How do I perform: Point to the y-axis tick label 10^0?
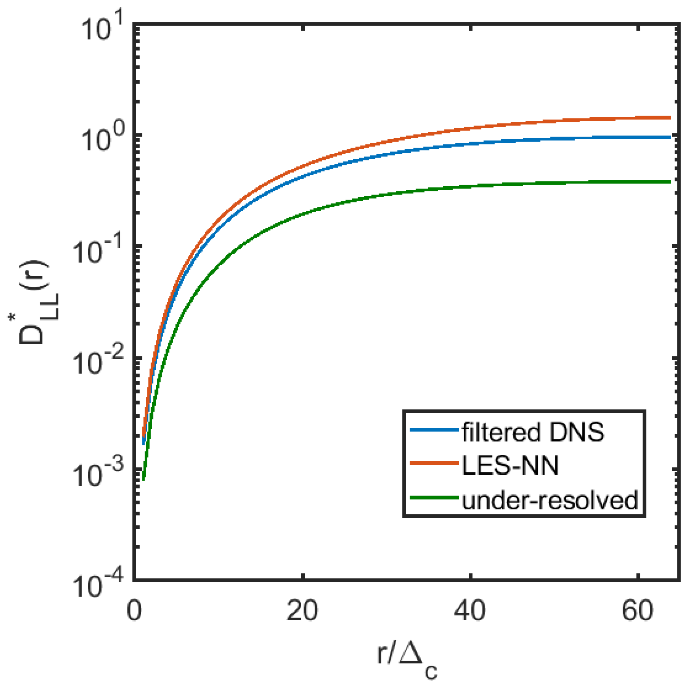click(x=102, y=139)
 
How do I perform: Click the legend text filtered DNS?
click(x=533, y=432)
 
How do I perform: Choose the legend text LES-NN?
click(x=510, y=466)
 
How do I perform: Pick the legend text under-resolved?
click(x=550, y=500)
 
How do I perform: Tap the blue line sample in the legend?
click(x=434, y=429)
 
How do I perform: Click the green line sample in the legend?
click(x=434, y=498)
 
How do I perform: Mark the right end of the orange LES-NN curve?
click(x=669, y=118)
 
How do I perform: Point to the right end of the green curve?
click(x=669, y=182)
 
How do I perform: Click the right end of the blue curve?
click(x=669, y=137)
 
